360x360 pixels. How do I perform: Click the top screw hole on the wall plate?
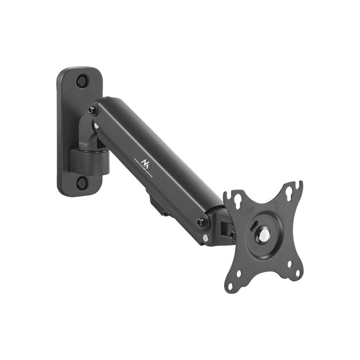coord(82,81)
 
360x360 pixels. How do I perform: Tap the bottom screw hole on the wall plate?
coord(81,182)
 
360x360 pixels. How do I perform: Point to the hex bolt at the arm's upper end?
coord(93,109)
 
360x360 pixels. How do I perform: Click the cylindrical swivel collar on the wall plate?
coord(89,161)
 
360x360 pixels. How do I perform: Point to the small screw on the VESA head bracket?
coord(232,235)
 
